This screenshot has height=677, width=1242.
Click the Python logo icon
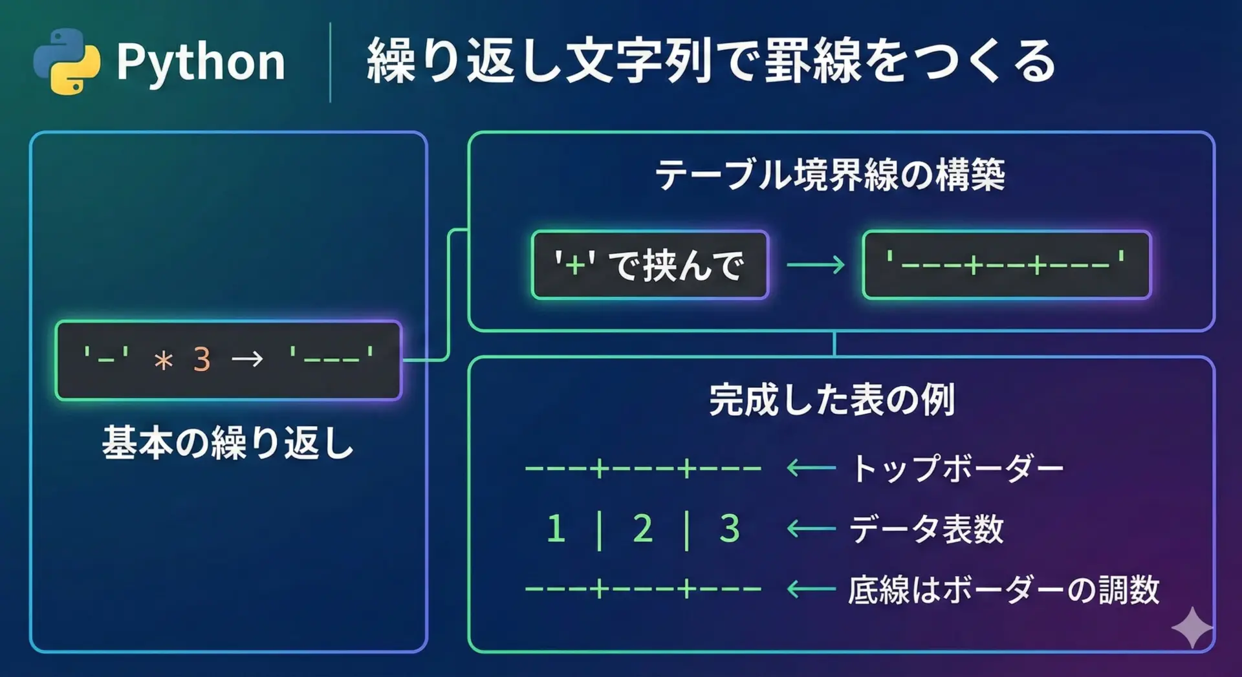pos(67,62)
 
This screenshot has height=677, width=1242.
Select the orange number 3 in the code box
pos(202,360)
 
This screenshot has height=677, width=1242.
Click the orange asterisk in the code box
pos(164,360)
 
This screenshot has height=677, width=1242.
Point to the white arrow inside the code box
pos(247,359)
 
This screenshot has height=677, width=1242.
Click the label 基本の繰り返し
pos(228,444)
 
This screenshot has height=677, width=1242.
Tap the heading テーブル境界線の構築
pos(830,175)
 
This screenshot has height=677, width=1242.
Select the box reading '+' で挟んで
pos(649,265)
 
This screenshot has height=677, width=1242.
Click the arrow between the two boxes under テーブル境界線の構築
pos(816,264)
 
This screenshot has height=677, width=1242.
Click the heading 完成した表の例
pos(832,400)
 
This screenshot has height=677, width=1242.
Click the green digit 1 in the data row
pos(556,529)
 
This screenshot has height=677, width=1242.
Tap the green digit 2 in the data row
pos(642,529)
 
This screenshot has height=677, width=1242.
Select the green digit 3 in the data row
pos(730,529)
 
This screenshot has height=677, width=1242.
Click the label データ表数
pos(926,529)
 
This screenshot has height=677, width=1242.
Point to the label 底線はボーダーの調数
pos(1003,590)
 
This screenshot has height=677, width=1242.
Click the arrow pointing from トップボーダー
pos(811,468)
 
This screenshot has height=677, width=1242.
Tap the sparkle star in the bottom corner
pos(1192,627)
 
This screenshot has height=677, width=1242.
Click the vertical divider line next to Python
pos(331,63)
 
